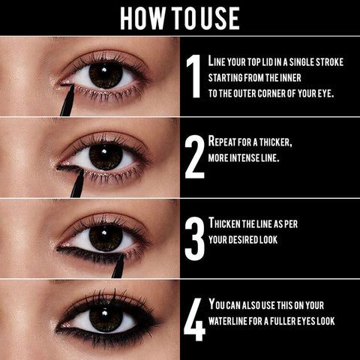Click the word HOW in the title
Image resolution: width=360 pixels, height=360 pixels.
pos(142,18)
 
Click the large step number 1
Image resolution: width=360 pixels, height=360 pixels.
pos(194,76)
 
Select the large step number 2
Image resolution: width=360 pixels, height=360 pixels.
pos(194,157)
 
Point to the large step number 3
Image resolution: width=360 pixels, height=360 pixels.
pos(194,238)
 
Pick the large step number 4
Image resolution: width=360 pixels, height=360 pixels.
pos(194,319)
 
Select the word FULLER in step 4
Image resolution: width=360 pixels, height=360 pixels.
pos(282,321)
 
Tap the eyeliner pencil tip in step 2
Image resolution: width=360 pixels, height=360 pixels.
pos(82,171)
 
